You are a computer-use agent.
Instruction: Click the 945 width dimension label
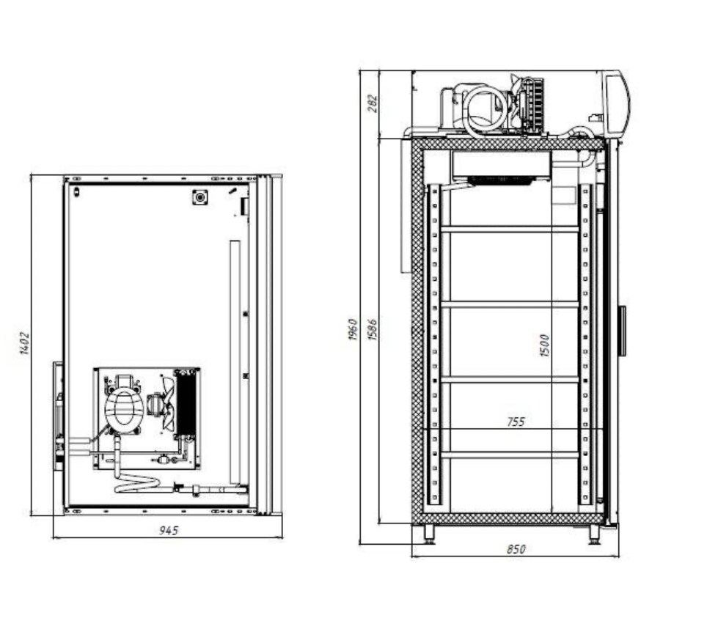169,530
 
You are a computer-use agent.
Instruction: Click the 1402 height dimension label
25,343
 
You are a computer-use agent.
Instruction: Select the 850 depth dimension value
516,549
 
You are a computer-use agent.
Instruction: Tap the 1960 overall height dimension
353,329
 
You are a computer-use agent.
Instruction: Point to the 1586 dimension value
373,329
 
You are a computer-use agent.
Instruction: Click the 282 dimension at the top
373,103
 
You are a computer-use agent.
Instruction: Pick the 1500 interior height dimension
545,345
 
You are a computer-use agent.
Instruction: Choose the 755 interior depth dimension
516,422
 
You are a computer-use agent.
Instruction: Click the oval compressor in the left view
123,408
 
